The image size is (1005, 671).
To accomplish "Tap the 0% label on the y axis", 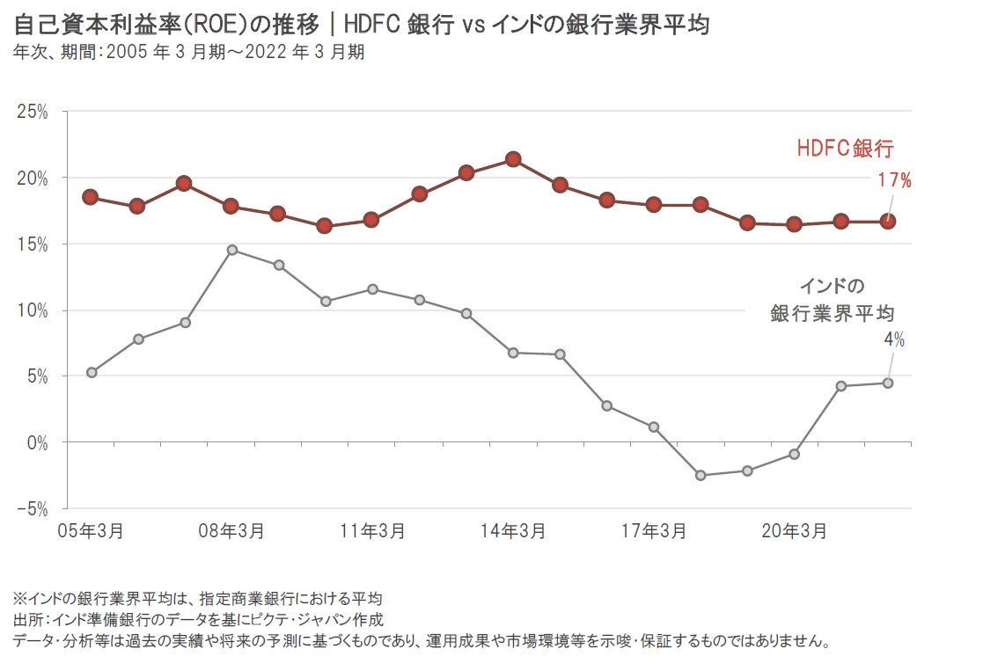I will (36, 442).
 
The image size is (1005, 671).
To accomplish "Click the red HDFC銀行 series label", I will (845, 149).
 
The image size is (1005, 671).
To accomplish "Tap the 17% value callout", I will (894, 181).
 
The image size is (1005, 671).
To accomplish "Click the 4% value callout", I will (894, 340).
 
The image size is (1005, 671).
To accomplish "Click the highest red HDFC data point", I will (513, 159).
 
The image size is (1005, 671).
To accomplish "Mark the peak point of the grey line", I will (231, 250).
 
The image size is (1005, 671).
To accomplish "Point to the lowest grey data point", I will (701, 475).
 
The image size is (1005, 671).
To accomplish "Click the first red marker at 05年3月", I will (90, 197).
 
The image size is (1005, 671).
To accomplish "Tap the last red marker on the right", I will (888, 222).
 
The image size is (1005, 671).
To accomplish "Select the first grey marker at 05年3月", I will (92, 372).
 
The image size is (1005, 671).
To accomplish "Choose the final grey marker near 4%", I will (888, 383).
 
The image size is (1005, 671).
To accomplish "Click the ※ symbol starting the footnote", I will (20, 600).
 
